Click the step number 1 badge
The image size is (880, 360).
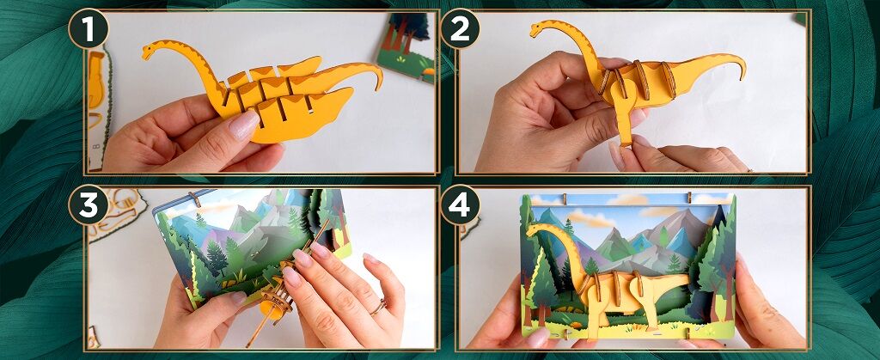click(89, 28)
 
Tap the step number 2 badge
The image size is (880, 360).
click(460, 28)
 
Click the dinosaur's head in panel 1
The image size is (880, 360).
click(150, 51)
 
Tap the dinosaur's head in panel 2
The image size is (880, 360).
click(539, 28)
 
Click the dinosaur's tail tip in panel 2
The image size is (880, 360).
click(743, 75)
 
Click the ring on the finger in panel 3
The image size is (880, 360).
click(378, 307)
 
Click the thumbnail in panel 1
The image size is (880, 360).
click(244, 125)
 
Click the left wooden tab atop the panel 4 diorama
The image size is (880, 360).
click(565, 198)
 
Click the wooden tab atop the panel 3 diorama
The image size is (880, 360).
click(195, 198)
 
